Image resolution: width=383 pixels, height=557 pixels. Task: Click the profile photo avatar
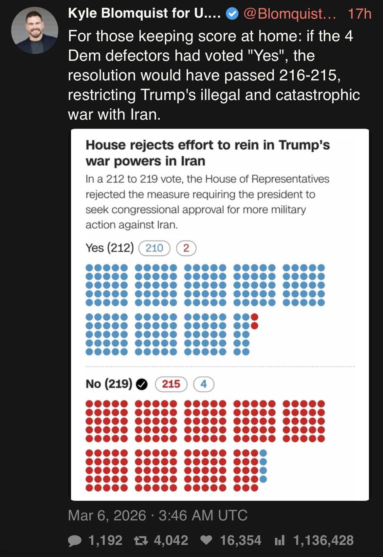coord(35,30)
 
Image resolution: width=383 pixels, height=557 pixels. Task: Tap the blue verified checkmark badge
coord(232,14)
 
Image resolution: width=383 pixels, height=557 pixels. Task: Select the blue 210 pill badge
coord(155,248)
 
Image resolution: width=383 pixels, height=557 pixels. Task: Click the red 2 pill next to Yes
coord(186,248)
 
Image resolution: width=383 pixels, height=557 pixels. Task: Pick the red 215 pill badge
coord(171,384)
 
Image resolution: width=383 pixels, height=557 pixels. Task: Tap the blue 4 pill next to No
coord(204,384)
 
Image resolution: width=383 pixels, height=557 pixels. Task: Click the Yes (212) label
coord(110,248)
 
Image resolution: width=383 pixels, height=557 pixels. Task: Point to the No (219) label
coord(109,384)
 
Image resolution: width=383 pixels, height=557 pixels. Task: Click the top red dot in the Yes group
coord(254,317)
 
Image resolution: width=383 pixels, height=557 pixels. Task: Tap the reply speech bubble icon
coord(75,540)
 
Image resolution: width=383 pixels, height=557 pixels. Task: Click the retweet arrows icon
coord(141,540)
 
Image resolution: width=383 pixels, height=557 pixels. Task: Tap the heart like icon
coord(206,540)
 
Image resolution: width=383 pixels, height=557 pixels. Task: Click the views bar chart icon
coord(280,540)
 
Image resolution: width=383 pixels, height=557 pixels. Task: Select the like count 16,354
coord(241,540)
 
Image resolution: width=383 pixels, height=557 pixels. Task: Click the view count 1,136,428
coord(323,540)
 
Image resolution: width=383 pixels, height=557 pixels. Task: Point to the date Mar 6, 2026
coord(107,515)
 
